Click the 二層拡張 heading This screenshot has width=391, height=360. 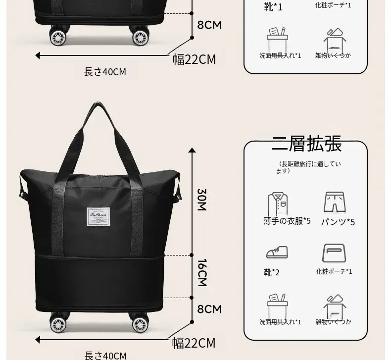click(306, 144)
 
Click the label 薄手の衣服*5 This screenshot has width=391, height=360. click(287, 221)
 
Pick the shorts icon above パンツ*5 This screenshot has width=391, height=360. click(334, 203)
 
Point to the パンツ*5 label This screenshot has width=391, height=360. click(338, 221)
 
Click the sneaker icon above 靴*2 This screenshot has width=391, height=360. click(277, 252)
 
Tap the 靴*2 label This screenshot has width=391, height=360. click(272, 272)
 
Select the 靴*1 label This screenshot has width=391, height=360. click(274, 7)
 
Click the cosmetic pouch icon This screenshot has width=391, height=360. click(334, 253)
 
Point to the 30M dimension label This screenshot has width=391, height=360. click(202, 199)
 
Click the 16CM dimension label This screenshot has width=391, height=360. click(202, 272)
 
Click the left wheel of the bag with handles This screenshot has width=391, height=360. click(58, 323)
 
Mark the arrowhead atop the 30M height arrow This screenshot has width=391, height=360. click(192, 150)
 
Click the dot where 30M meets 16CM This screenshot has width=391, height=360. click(192, 256)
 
